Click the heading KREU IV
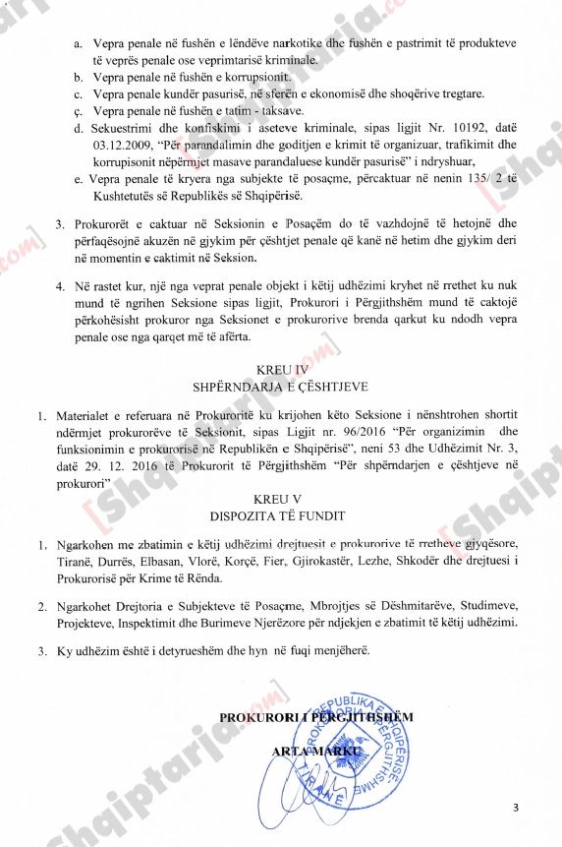pyautogui.click(x=281, y=369)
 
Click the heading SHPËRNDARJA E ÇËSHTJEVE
pyautogui.click(x=281, y=386)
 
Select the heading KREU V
pyautogui.click(x=280, y=499)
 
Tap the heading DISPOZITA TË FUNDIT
pyautogui.click(x=280, y=515)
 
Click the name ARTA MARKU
pyautogui.click(x=311, y=752)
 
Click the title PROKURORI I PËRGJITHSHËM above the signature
pyautogui.click(x=315, y=717)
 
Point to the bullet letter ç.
pyautogui.click(x=78, y=111)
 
